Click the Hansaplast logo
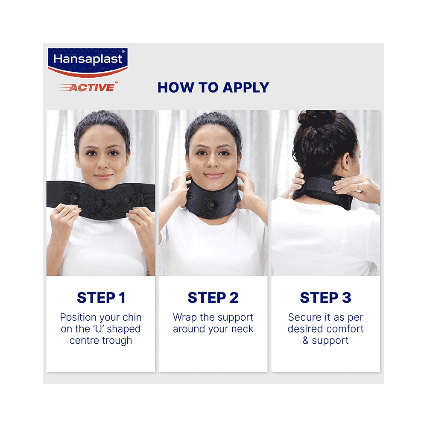88,62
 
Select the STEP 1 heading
101,298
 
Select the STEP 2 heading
213,298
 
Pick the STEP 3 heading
325,298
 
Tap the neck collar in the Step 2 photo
212,201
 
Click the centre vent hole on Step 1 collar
101,202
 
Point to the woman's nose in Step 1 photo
102,164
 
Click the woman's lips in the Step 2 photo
213,175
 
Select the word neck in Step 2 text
243,329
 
